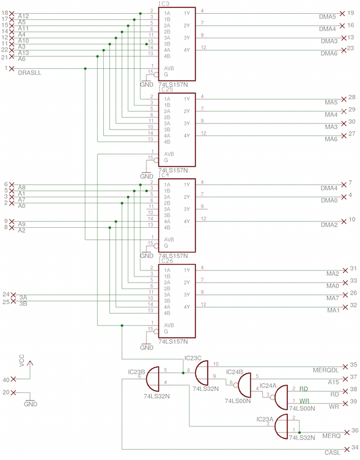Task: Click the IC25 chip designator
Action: coord(166,89)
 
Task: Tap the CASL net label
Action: coord(331,452)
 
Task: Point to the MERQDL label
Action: coord(327,367)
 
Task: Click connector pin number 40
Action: coord(6,380)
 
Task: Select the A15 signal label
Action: coord(334,381)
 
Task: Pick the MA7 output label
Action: coord(332,298)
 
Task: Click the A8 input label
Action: coord(22,188)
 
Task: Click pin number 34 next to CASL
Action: coord(354,447)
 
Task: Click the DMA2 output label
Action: coord(329,225)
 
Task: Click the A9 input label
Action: coord(22,224)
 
